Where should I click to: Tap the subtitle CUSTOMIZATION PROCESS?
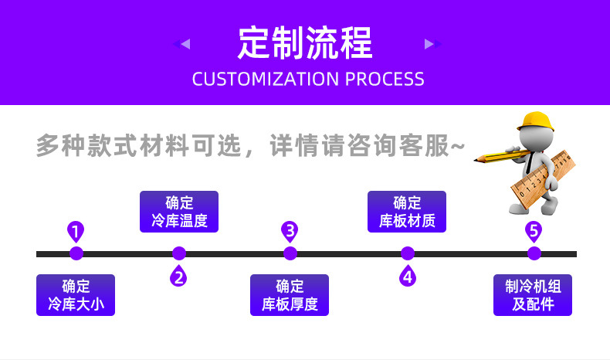pyautogui.click(x=307, y=79)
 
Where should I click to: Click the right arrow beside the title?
pyautogui.click(x=429, y=44)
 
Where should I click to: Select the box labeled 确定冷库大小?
pyautogui.click(x=76, y=295)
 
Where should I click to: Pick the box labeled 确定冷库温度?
pyautogui.click(x=179, y=212)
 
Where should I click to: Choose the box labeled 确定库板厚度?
pyautogui.click(x=290, y=295)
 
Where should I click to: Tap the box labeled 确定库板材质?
pyautogui.click(x=407, y=212)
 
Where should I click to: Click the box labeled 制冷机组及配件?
pyautogui.click(x=533, y=295)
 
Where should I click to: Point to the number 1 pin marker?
pyautogui.click(x=76, y=230)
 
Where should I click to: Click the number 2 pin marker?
pyautogui.click(x=179, y=276)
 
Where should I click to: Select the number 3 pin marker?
pyautogui.click(x=290, y=230)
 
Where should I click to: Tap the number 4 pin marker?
pyautogui.click(x=408, y=276)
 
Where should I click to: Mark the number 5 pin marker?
pyautogui.click(x=533, y=230)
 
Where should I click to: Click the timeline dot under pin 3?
pyautogui.click(x=290, y=253)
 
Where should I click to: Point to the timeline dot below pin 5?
pyautogui.click(x=534, y=253)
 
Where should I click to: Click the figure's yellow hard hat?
pyautogui.click(x=534, y=121)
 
